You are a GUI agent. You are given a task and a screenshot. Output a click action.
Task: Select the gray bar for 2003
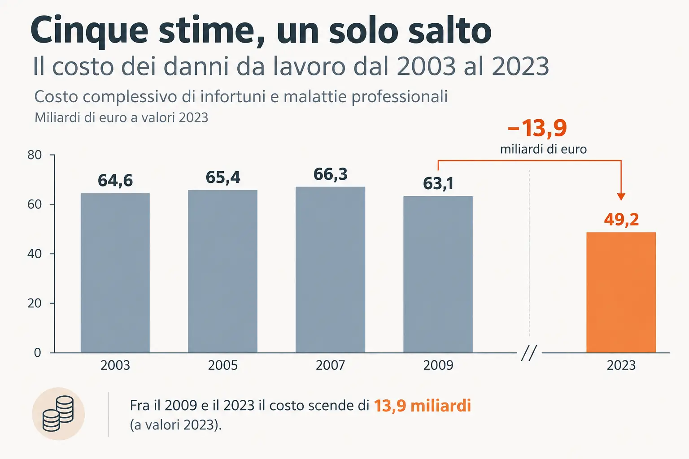(115, 273)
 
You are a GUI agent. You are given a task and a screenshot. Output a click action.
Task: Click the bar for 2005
(222, 271)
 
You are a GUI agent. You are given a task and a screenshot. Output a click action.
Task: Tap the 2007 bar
(330, 270)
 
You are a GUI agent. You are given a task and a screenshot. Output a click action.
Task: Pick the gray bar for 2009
(438, 274)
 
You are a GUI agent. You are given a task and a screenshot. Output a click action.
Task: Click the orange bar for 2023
(621, 292)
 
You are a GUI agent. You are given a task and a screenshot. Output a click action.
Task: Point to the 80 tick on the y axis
(35, 155)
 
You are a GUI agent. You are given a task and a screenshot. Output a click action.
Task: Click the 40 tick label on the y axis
(35, 254)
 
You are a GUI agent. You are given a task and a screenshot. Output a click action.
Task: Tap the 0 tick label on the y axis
(38, 353)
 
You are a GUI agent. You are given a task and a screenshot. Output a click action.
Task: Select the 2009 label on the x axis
(438, 365)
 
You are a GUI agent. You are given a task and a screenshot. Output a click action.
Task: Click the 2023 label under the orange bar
(621, 365)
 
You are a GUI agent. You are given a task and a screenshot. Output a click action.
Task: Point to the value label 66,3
(330, 174)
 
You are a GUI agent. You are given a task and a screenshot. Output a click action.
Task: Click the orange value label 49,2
(621, 220)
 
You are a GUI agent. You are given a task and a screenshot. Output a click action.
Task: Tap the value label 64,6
(115, 181)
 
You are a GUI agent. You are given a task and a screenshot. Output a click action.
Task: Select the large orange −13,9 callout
(537, 128)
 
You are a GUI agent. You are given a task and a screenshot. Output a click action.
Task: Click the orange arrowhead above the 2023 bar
(621, 196)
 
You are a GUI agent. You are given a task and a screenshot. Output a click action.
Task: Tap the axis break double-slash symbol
(529, 353)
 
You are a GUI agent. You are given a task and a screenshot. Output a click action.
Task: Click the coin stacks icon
(58, 413)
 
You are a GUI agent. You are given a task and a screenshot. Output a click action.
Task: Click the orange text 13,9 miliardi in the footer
(422, 406)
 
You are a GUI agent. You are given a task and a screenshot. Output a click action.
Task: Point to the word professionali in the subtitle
(399, 97)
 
